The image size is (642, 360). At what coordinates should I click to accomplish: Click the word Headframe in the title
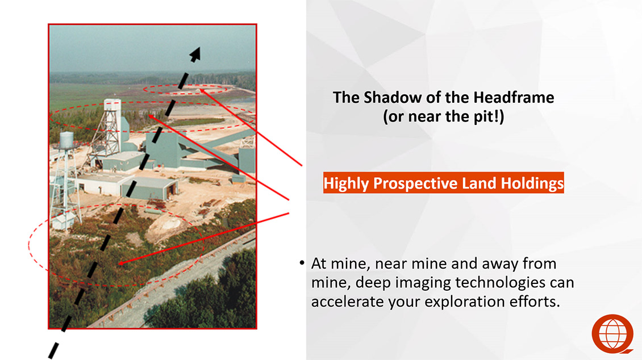(514, 97)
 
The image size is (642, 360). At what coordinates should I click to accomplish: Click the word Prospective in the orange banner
(415, 183)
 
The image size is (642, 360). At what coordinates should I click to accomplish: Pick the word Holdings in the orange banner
(532, 183)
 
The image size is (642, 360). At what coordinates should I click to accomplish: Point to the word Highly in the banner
(347, 183)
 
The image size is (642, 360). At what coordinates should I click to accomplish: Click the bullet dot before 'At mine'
(302, 263)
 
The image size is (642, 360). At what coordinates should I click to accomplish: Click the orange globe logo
(612, 334)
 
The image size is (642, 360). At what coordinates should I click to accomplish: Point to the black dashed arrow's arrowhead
(195, 54)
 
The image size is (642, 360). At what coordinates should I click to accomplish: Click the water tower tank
(66, 140)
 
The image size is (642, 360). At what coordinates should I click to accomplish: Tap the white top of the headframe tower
(112, 106)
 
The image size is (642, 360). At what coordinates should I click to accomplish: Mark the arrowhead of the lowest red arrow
(122, 263)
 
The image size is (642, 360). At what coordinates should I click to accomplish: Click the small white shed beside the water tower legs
(64, 221)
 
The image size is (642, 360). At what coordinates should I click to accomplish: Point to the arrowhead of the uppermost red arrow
(202, 91)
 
